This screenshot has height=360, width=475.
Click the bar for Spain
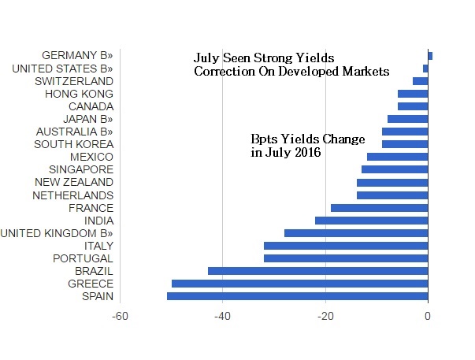[297, 296]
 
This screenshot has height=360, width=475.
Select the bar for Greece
[299, 284]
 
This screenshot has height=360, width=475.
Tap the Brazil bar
[317, 271]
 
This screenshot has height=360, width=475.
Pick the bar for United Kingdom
[356, 233]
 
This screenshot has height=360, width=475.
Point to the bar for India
[371, 221]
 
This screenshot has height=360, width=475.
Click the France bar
[379, 208]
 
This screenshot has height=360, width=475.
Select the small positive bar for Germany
[430, 55]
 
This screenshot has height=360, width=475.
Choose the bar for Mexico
[397, 157]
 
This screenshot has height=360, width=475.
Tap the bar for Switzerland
[420, 81]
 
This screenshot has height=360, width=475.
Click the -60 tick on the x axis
[120, 317]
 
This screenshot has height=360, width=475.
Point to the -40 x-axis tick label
[222, 317]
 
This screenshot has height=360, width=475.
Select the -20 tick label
[325, 317]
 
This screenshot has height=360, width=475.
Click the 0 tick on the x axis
[428, 317]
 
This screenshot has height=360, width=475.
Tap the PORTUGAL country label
[83, 258]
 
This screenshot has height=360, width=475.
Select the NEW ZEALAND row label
[76, 182]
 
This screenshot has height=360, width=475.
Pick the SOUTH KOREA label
[74, 144]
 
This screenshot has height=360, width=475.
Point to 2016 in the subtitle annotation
[306, 152]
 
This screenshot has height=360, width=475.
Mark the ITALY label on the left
[98, 246]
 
